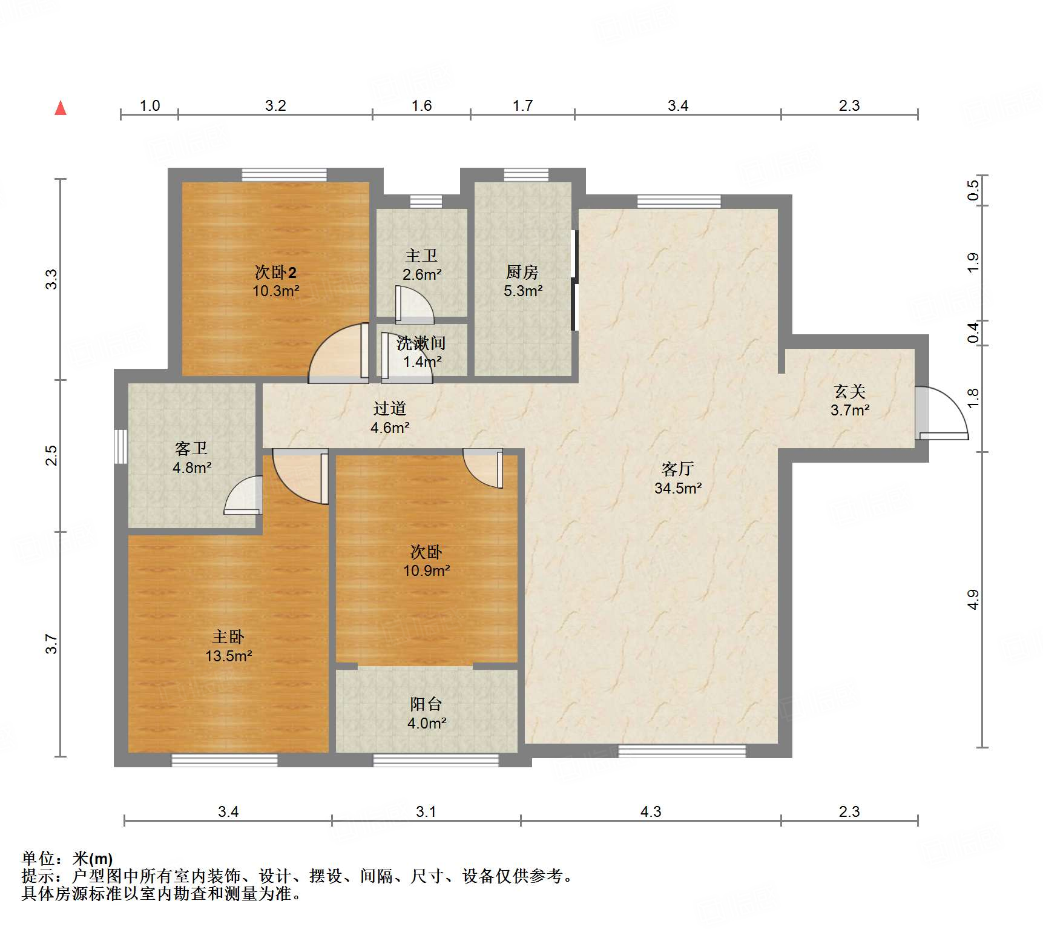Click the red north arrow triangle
(61, 108)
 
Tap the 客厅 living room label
(677, 469)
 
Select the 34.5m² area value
(678, 488)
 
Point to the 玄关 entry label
(849, 391)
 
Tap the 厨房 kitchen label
(522, 272)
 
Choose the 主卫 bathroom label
(421, 256)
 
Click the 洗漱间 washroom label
(421, 343)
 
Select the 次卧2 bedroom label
(275, 272)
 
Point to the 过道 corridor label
(390, 408)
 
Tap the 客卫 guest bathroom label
(191, 448)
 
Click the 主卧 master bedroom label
(228, 636)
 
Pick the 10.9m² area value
(427, 570)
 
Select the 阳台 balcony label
(426, 704)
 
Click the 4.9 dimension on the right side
(973, 600)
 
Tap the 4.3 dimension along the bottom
(651, 811)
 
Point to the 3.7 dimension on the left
(51, 644)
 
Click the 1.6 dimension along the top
(421, 105)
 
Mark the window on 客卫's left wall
(121, 447)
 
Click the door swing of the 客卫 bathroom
(243, 495)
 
